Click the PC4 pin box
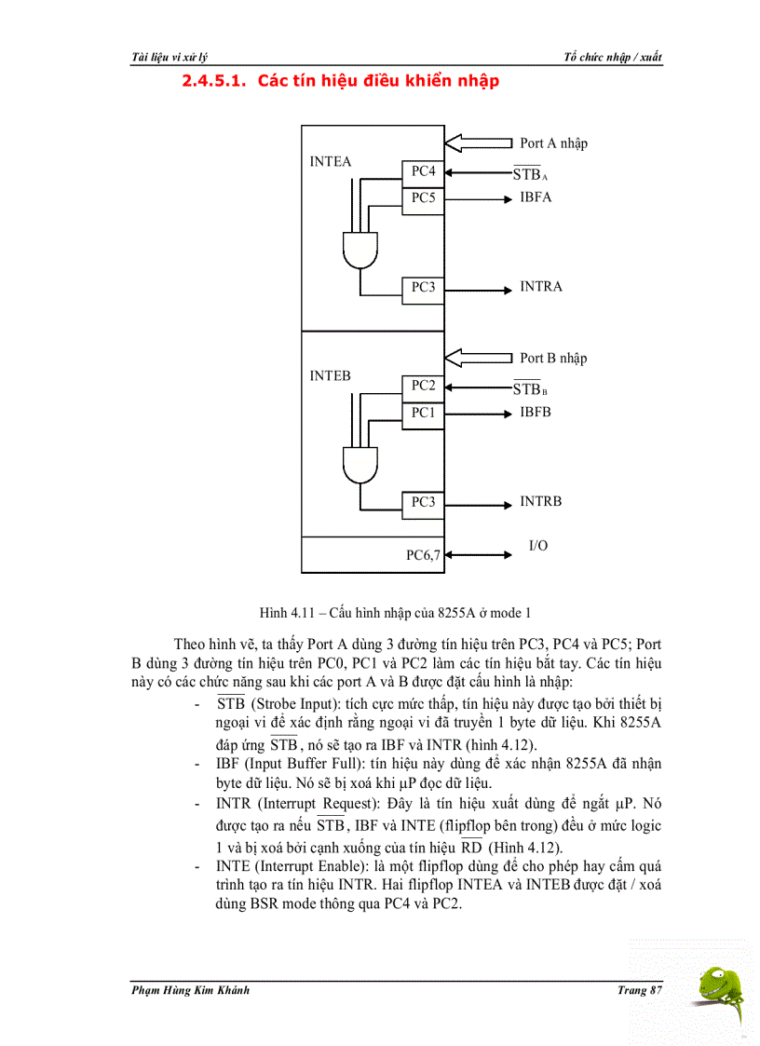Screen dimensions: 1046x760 [x=423, y=171]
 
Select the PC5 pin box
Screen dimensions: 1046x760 [x=423, y=198]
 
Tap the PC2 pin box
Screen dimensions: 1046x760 [x=423, y=386]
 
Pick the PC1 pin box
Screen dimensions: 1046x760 [x=423, y=413]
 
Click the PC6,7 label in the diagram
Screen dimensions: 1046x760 [x=424, y=555]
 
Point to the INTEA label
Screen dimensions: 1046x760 [x=331, y=162]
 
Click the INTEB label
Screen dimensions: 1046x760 [x=331, y=376]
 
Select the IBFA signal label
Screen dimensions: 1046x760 [x=536, y=197]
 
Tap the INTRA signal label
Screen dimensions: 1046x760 [x=541, y=287]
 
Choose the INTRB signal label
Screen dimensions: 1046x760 [x=541, y=502]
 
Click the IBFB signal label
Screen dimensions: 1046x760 [x=536, y=412]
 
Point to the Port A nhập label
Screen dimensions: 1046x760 [x=553, y=143]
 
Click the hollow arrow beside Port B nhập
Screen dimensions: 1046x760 [x=479, y=358]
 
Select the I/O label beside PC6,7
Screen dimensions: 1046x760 [x=538, y=546]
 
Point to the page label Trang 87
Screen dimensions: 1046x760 [x=639, y=990]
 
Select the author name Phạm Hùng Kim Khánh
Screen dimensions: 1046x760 [x=190, y=990]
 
